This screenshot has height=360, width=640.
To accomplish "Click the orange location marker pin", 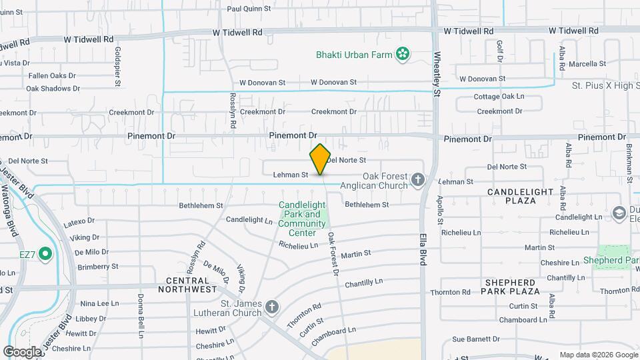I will point(320,159).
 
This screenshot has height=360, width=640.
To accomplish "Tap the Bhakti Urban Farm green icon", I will point(403,54).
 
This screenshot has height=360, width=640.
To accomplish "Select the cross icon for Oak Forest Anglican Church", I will point(418,179).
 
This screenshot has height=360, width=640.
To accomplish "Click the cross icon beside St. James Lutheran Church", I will point(271,307).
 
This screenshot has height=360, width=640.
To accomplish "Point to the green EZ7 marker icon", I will point(45,253).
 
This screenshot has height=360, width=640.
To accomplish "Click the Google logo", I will point(22,351).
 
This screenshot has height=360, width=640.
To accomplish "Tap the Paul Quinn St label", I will point(249,9).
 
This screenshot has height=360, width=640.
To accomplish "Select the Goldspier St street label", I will point(117,67).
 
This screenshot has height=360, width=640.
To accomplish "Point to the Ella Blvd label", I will point(423,249).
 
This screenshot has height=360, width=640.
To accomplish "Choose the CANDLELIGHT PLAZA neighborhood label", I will point(521,196).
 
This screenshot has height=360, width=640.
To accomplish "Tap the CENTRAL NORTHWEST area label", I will point(187,285).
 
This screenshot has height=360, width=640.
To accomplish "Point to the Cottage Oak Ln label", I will point(499,97).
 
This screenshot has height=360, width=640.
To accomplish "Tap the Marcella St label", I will point(587,64).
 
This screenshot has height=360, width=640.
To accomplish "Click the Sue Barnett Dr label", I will point(476,339).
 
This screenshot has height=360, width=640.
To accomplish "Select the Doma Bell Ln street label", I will point(141,311).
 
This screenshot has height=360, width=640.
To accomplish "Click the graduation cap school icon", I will point(619,213).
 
